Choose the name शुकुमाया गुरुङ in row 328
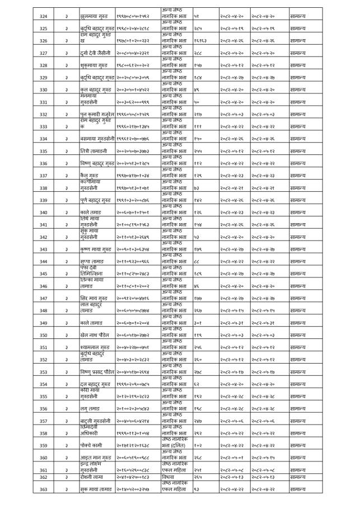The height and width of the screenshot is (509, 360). click(95, 65)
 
